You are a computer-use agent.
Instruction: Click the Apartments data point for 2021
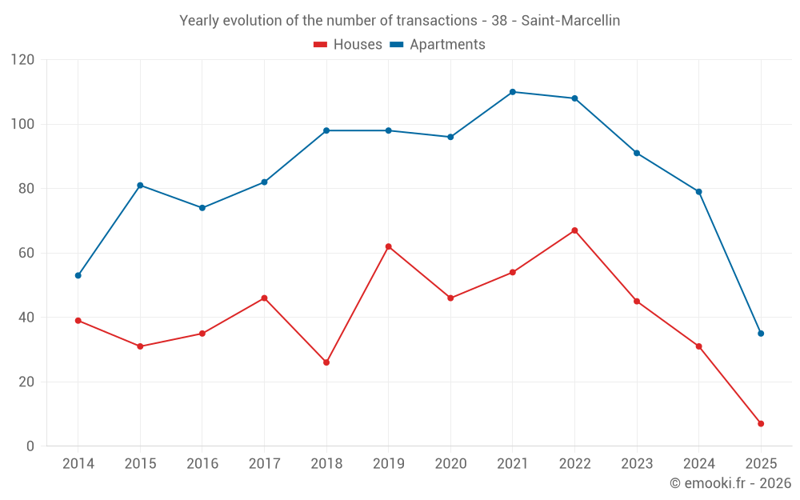[513, 92]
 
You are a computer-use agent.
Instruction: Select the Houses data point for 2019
[389, 246]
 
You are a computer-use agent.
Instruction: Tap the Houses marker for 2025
[761, 423]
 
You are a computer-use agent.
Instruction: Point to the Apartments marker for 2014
[78, 275]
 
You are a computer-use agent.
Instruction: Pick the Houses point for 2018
[326, 362]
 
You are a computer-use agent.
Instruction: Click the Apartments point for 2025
[761, 334]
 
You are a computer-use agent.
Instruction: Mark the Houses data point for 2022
[574, 230]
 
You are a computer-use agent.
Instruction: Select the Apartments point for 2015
[140, 186]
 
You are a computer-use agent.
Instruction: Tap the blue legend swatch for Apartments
[396, 45]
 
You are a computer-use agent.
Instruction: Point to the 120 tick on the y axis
[23, 60]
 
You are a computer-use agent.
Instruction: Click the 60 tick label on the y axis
[27, 254]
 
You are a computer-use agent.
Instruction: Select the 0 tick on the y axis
[31, 446]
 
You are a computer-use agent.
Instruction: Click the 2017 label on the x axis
[264, 464]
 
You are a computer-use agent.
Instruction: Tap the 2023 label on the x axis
[637, 464]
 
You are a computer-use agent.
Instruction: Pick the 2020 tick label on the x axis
[450, 464]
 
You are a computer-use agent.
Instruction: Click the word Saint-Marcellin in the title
[570, 21]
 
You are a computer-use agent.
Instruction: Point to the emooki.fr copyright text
[730, 483]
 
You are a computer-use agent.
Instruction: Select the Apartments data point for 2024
[698, 192]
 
